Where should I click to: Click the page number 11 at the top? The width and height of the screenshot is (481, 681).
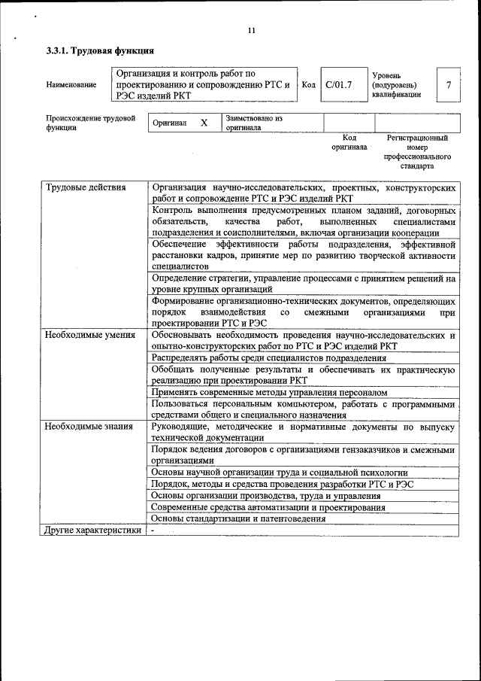coord(251,31)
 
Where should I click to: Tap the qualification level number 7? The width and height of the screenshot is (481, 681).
coord(449,84)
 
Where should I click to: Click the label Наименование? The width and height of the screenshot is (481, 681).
coord(71,85)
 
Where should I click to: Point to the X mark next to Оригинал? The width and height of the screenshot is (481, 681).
coord(204,122)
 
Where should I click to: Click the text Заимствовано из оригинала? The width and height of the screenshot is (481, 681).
coord(253,123)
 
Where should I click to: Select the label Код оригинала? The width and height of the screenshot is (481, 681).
coord(349,143)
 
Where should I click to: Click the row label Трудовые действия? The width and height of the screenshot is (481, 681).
coord(85,187)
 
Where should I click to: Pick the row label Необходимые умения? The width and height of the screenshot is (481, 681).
coord(89,335)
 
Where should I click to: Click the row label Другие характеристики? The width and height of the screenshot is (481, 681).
coord(92,531)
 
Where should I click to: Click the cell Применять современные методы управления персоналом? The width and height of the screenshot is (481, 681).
coord(269,392)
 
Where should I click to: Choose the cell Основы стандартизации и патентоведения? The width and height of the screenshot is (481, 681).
coord(238,518)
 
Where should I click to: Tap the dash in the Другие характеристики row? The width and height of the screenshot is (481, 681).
coord(152,531)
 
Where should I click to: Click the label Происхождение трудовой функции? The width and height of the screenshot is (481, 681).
coord(90,123)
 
